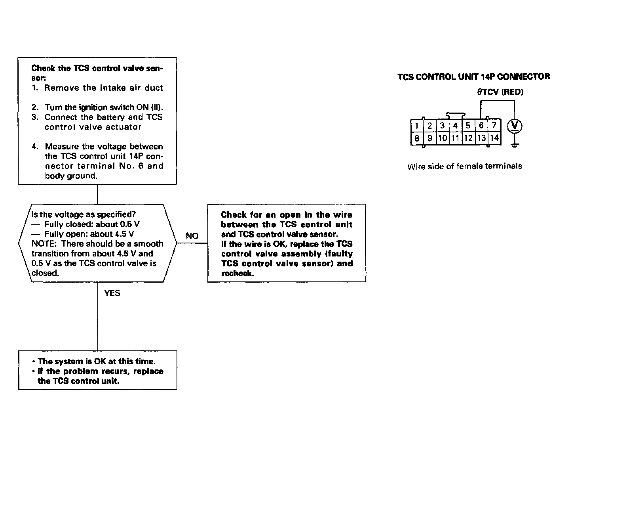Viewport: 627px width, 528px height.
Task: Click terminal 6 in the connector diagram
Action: [481, 126]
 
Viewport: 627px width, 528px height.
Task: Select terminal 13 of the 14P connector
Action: [481, 138]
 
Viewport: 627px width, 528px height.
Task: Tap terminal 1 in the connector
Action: [416, 126]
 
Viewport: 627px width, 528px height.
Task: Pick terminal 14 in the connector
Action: [494, 138]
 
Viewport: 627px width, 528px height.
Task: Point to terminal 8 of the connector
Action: [416, 138]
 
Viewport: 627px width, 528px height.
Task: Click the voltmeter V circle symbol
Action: [515, 126]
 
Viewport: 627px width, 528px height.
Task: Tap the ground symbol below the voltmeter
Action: [515, 145]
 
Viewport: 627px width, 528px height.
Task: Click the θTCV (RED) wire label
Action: [500, 92]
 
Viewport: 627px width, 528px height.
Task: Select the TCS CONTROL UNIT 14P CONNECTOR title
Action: [473, 77]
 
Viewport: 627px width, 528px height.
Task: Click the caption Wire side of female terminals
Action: [464, 166]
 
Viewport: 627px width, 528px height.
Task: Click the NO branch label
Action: [192, 236]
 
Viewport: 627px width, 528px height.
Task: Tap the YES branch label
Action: [112, 293]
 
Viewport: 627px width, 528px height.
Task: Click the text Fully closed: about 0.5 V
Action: [92, 224]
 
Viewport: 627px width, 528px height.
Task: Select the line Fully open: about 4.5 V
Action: [89, 234]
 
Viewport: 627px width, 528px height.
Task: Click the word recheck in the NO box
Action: [237, 274]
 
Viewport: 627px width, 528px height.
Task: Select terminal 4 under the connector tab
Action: [455, 126]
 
